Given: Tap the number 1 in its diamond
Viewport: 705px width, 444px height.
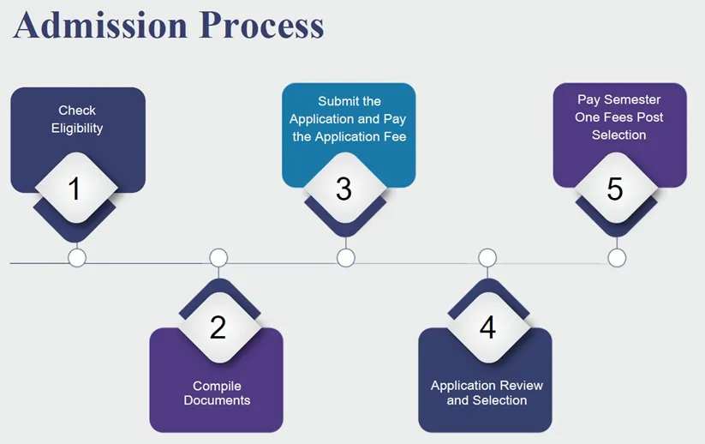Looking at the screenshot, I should [x=75, y=189].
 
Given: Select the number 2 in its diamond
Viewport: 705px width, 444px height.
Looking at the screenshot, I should [x=218, y=327].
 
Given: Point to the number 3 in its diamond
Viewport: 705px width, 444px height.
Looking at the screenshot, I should [x=344, y=189].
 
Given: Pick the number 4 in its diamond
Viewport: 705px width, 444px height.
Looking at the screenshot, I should [x=487, y=327].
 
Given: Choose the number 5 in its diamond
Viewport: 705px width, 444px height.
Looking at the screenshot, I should [x=615, y=189].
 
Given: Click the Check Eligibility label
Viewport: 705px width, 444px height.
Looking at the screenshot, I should [x=77, y=119].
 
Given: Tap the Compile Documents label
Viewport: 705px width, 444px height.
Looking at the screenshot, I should [x=217, y=393].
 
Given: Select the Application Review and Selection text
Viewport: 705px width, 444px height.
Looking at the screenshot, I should [x=487, y=393].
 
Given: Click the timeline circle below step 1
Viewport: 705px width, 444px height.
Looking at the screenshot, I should [x=77, y=258].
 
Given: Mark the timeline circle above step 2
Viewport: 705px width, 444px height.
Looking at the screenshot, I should [x=218, y=258].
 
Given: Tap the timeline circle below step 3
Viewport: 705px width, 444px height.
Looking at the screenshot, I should [x=345, y=258].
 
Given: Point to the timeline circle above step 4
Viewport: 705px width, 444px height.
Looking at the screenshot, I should [x=487, y=258].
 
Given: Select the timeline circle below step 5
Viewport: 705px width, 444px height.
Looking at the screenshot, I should [x=617, y=258].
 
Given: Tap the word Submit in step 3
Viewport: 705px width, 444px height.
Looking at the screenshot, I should [x=338, y=101].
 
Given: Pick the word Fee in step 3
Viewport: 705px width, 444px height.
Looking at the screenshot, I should [x=396, y=136].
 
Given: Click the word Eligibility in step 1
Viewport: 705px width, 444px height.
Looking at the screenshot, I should [x=77, y=129].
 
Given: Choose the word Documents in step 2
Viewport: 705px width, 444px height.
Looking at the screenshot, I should [x=217, y=400].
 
